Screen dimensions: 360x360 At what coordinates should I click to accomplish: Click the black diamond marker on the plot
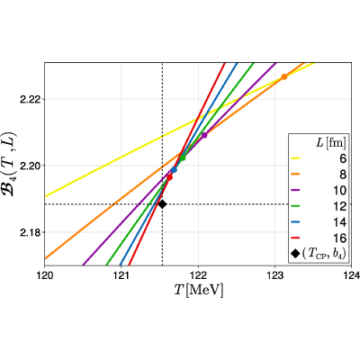(x=162, y=204)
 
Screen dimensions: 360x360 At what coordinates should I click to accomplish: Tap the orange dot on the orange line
(x=284, y=76)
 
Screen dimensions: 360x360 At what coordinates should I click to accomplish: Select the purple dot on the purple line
(x=204, y=135)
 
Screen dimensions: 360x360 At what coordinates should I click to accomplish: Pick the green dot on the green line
(x=183, y=157)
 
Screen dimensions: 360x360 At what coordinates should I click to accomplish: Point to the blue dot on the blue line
(x=174, y=170)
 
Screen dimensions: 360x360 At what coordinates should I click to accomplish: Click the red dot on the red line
(x=169, y=177)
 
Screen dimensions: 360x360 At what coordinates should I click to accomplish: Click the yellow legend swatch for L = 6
(x=295, y=157)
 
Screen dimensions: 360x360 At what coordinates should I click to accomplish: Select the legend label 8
(x=343, y=175)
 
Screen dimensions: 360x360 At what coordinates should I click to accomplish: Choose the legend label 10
(x=339, y=191)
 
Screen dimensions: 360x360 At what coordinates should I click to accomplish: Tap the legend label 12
(x=339, y=206)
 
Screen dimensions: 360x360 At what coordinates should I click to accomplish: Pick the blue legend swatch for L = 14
(x=295, y=221)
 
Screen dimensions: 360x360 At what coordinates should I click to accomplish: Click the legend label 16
(x=339, y=238)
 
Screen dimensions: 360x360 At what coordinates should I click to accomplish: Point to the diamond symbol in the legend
(x=295, y=254)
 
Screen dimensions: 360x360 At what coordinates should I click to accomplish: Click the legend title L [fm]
(x=330, y=143)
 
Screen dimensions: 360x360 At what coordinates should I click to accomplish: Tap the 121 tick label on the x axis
(x=121, y=275)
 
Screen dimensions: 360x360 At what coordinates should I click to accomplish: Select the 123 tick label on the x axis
(x=274, y=275)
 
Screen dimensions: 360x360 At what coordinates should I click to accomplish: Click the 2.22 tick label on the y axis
(x=30, y=99)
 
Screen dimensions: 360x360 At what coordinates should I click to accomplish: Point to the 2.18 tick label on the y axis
(x=30, y=232)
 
